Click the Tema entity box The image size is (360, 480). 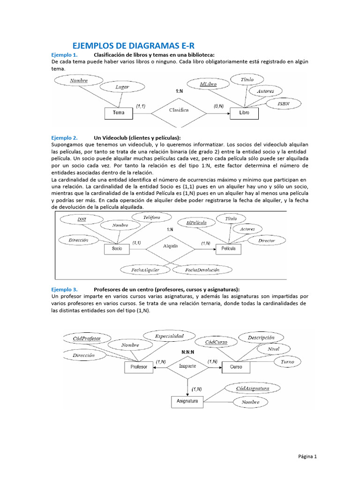(119, 113)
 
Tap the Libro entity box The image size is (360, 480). (245, 113)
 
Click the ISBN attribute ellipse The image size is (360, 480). (284, 103)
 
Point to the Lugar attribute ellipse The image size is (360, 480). (122, 87)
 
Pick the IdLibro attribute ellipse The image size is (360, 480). (207, 84)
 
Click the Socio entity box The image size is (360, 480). (117, 248)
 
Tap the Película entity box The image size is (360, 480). (229, 248)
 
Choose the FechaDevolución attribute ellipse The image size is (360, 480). (202, 270)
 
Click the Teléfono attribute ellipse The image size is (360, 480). (152, 217)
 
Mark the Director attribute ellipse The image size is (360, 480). (266, 240)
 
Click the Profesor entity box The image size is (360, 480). (139, 367)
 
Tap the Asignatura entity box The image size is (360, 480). (187, 401)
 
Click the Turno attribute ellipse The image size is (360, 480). (287, 361)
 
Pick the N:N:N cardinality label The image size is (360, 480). (188, 352)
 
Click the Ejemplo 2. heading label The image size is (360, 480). (64, 138)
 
